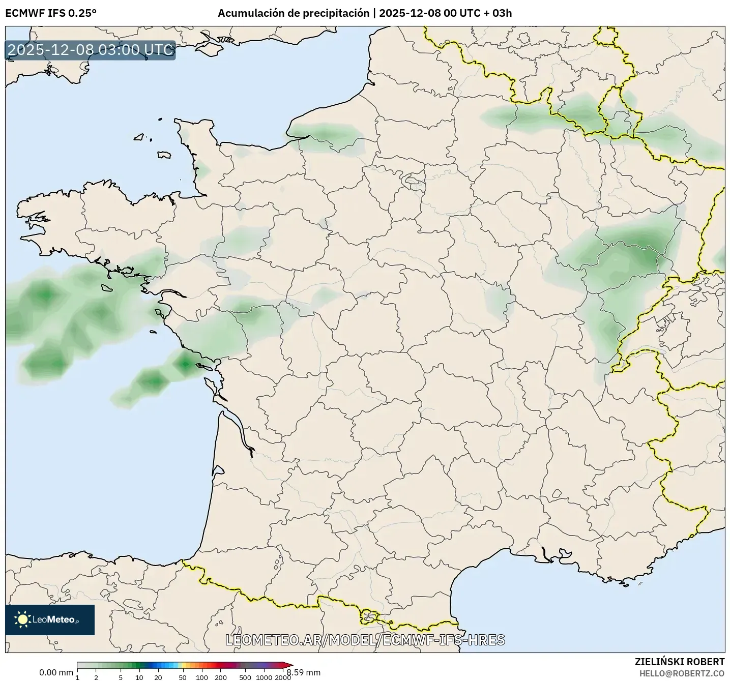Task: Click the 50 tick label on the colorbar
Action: [x=183, y=677]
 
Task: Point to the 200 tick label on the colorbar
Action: [x=221, y=677]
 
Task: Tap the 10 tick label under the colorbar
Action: [x=139, y=677]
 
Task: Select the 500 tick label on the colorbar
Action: [x=246, y=677]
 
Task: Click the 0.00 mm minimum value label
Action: [x=56, y=672]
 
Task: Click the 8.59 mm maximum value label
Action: [x=304, y=672]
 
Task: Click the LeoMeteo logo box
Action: [x=50, y=619]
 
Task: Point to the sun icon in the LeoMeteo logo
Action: [x=22, y=619]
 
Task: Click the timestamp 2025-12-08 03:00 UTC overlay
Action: [x=91, y=50]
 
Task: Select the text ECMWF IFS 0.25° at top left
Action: [x=51, y=13]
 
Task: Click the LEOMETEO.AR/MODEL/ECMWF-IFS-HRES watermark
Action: [x=365, y=640]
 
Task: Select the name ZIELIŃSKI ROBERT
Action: [x=680, y=662]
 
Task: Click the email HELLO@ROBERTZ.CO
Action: [x=682, y=673]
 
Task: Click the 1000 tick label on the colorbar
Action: [x=264, y=677]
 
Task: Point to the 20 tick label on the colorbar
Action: [x=158, y=677]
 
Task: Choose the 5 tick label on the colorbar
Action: [x=121, y=677]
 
